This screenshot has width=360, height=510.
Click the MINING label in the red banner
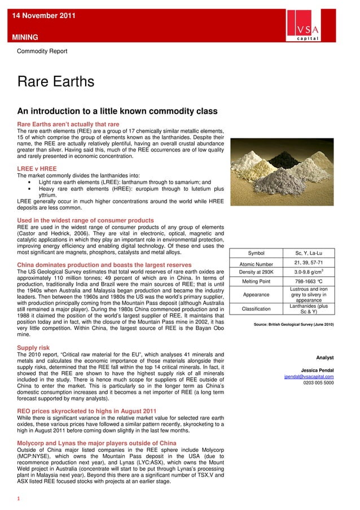[x=23, y=37]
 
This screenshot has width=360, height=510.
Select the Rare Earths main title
[x=56, y=82]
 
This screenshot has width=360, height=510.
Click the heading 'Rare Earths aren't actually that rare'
[x=68, y=124]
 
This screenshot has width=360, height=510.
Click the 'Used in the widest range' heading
[x=86, y=220]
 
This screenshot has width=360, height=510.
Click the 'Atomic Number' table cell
[x=256, y=264]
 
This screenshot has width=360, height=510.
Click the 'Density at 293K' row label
[x=256, y=272]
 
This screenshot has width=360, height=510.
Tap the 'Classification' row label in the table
[x=256, y=309]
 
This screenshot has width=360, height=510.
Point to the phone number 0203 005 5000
[x=318, y=383]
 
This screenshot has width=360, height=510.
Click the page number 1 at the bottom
[x=19, y=499]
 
